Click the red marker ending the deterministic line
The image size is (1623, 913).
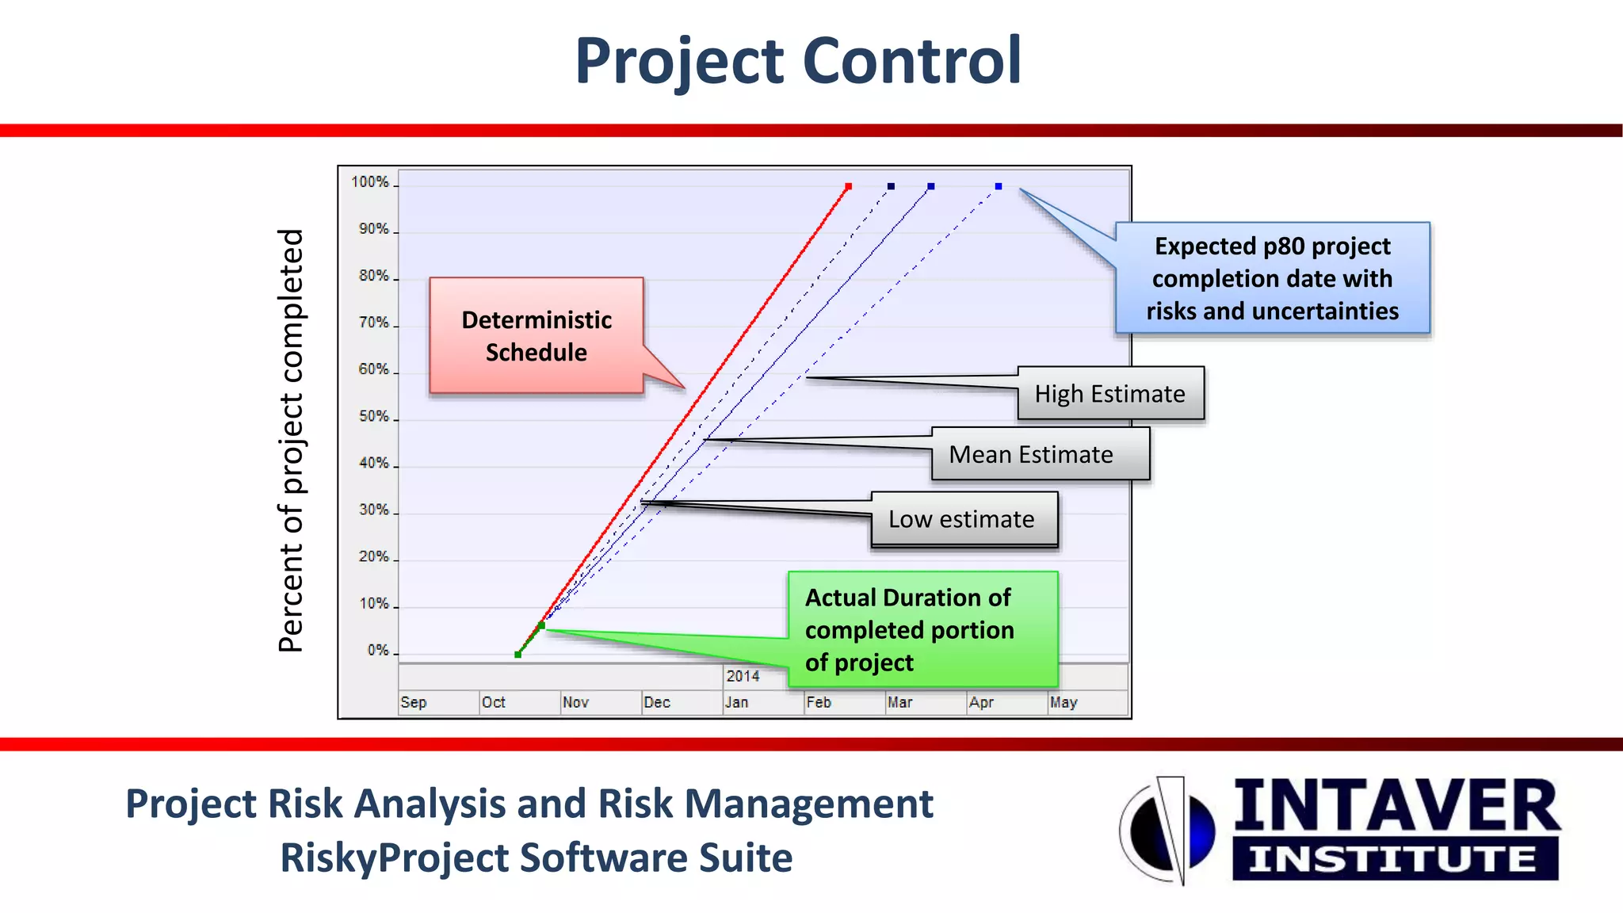[x=848, y=187]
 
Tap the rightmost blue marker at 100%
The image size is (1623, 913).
[x=999, y=187]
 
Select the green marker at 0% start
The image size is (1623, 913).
[x=517, y=655]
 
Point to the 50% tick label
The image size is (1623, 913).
[x=373, y=416]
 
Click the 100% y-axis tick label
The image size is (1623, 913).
[x=370, y=182]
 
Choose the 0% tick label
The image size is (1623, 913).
[x=378, y=651]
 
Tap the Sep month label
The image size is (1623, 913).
[x=413, y=702]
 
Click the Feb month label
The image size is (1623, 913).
[x=819, y=702]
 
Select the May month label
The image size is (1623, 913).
[x=1064, y=702]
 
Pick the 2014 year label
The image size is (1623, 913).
[x=743, y=676]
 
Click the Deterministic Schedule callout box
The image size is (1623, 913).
[x=537, y=335]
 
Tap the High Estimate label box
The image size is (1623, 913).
[x=1109, y=394]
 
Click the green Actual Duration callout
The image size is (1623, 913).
[x=922, y=629]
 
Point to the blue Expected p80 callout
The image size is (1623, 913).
[x=1272, y=278]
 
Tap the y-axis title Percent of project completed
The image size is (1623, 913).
[x=292, y=441]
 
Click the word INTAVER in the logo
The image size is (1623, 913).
[x=1396, y=806]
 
